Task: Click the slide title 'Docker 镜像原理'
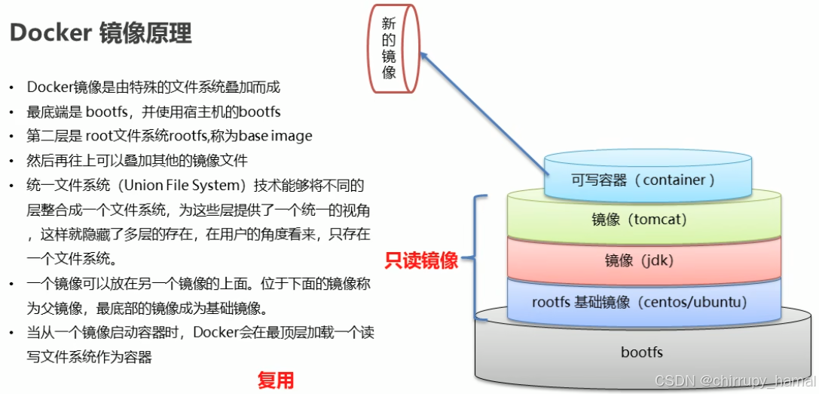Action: pyautogui.click(x=99, y=33)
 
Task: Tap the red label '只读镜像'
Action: pyautogui.click(x=421, y=261)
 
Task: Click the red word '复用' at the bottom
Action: pyautogui.click(x=275, y=380)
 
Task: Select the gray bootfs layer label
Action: pyautogui.click(x=642, y=352)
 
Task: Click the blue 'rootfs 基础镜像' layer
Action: pyautogui.click(x=639, y=303)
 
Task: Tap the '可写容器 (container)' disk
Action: pyautogui.click(x=643, y=180)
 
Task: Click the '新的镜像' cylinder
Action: pyautogui.click(x=389, y=49)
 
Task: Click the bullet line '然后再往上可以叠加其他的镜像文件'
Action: pyautogui.click(x=137, y=161)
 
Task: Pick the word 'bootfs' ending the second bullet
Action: pyautogui.click(x=259, y=112)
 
